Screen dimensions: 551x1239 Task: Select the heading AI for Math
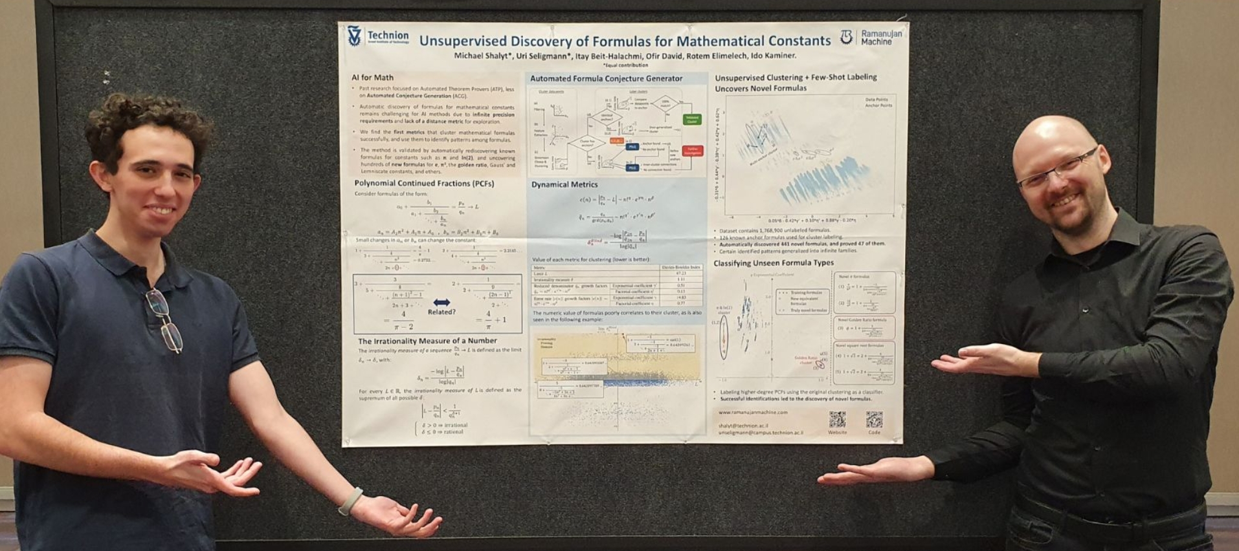pyautogui.click(x=372, y=77)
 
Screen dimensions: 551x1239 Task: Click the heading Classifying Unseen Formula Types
pyautogui.click(x=773, y=263)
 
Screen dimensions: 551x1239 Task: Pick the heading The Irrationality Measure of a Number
pyautogui.click(x=427, y=341)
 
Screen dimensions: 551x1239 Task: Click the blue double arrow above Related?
pyautogui.click(x=441, y=302)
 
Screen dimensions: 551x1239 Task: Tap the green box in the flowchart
pyautogui.click(x=691, y=120)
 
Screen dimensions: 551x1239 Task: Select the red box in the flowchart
pyautogui.click(x=692, y=151)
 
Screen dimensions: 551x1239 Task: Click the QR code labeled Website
pyautogui.click(x=837, y=420)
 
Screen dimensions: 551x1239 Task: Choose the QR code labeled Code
pyautogui.click(x=874, y=420)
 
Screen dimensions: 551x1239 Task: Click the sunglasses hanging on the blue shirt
pyautogui.click(x=164, y=320)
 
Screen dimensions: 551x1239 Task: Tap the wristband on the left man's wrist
pyautogui.click(x=350, y=501)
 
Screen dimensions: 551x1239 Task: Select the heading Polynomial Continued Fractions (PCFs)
pyautogui.click(x=424, y=184)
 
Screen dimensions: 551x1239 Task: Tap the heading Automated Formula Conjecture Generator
pyautogui.click(x=606, y=78)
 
